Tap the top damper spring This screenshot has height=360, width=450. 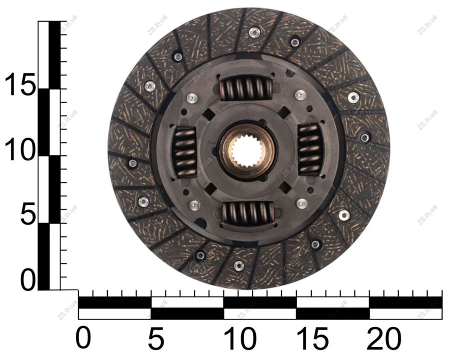(x=245, y=88)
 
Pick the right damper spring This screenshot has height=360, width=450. (x=309, y=149)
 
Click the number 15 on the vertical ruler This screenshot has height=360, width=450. (x=20, y=83)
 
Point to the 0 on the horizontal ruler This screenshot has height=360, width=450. (x=83, y=338)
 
